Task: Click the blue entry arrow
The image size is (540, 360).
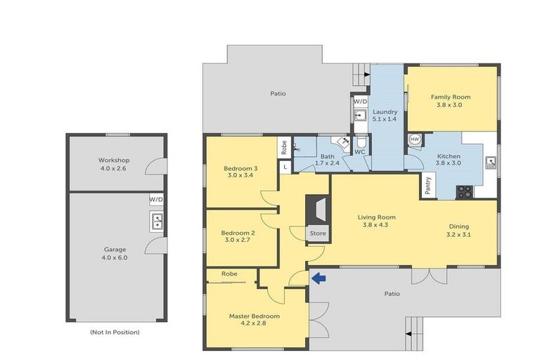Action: pyautogui.click(x=319, y=278)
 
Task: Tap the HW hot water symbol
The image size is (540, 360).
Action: pyautogui.click(x=415, y=139)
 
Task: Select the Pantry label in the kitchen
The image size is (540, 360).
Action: pyautogui.click(x=428, y=186)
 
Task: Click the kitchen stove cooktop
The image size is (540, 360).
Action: pyautogui.click(x=465, y=192)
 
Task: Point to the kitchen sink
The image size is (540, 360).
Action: pyautogui.click(x=491, y=162)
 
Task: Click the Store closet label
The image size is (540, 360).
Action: pyautogui.click(x=318, y=233)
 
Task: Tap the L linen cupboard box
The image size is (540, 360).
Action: pyautogui.click(x=285, y=167)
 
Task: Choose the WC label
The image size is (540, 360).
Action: pyautogui.click(x=360, y=152)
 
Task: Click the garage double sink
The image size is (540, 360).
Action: pyautogui.click(x=157, y=221)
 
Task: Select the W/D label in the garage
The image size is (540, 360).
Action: pyautogui.click(x=156, y=200)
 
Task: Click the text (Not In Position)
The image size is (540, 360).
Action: pyautogui.click(x=115, y=332)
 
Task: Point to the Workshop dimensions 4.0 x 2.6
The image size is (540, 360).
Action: pyautogui.click(x=113, y=169)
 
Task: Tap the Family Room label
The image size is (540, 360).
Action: pyautogui.click(x=451, y=97)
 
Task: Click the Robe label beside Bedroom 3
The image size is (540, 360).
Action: pyautogui.click(x=284, y=148)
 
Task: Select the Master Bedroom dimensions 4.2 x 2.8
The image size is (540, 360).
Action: pyautogui.click(x=254, y=323)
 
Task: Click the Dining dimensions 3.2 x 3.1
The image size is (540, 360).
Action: pyautogui.click(x=458, y=235)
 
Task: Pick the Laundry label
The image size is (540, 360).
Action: pyautogui.click(x=385, y=112)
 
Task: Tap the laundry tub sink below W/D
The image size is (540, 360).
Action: pyautogui.click(x=361, y=115)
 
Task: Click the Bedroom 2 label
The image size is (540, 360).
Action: pyautogui.click(x=238, y=233)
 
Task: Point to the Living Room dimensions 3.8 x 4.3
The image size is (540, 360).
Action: pyautogui.click(x=375, y=225)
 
